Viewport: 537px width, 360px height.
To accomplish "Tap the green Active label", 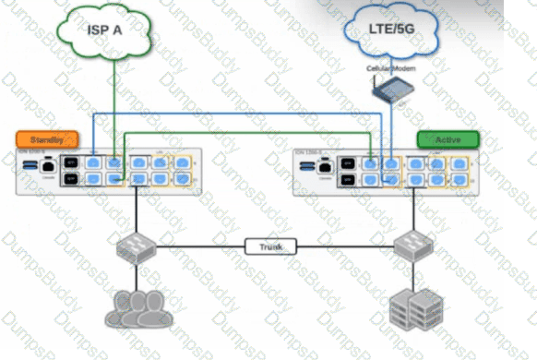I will click(447, 139).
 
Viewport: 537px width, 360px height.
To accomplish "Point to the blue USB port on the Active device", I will click(305, 167).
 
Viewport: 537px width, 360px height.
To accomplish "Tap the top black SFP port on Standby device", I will click(70, 162).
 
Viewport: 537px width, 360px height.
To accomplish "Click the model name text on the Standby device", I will click(33, 153).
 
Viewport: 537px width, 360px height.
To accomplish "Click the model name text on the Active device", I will click(310, 152).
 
